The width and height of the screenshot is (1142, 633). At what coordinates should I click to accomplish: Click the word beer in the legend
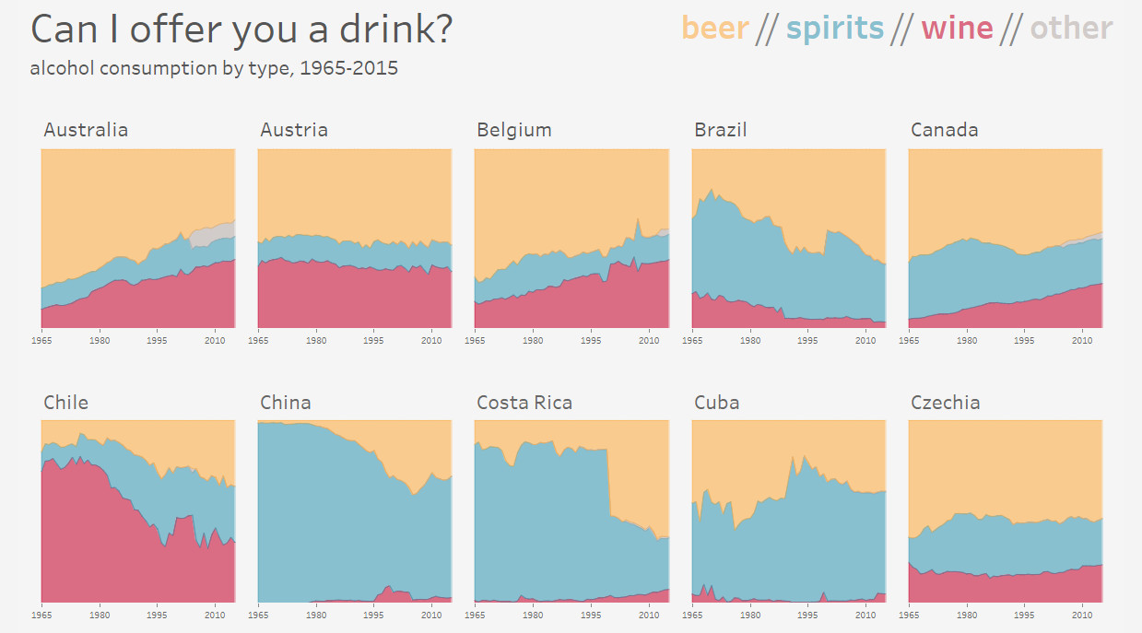point(714,29)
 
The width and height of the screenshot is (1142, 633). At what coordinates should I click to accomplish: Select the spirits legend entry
point(834,29)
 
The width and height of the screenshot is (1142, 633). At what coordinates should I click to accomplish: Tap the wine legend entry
point(957,29)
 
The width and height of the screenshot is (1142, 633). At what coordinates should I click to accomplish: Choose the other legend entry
point(1071,29)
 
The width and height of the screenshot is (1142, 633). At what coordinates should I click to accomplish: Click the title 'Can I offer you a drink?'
point(241,29)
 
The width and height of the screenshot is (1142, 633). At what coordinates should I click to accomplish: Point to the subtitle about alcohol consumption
point(214,68)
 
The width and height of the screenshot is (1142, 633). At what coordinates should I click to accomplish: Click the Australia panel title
point(86,130)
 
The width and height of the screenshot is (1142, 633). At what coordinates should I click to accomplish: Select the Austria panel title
point(294,130)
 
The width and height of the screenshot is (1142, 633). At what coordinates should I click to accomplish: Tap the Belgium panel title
point(514,130)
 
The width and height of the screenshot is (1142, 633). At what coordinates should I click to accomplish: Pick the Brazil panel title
point(721,130)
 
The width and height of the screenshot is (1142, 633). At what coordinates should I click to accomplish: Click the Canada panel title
point(945,130)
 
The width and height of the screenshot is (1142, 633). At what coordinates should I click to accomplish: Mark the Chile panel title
point(66,403)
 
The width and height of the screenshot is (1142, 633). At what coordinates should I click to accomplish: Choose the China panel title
point(286,403)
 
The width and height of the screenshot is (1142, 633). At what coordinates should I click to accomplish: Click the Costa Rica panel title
point(524,403)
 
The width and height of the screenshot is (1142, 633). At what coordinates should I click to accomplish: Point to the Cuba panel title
point(717,403)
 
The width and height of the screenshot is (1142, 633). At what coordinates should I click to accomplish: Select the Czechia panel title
point(946,403)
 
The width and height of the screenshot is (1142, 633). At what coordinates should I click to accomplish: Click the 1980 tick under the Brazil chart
point(750,341)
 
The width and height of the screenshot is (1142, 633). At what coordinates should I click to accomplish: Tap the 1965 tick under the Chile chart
point(41,614)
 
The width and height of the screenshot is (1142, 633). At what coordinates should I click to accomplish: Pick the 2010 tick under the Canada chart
point(1082,341)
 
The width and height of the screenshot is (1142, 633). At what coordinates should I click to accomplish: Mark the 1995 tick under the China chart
point(373,614)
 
